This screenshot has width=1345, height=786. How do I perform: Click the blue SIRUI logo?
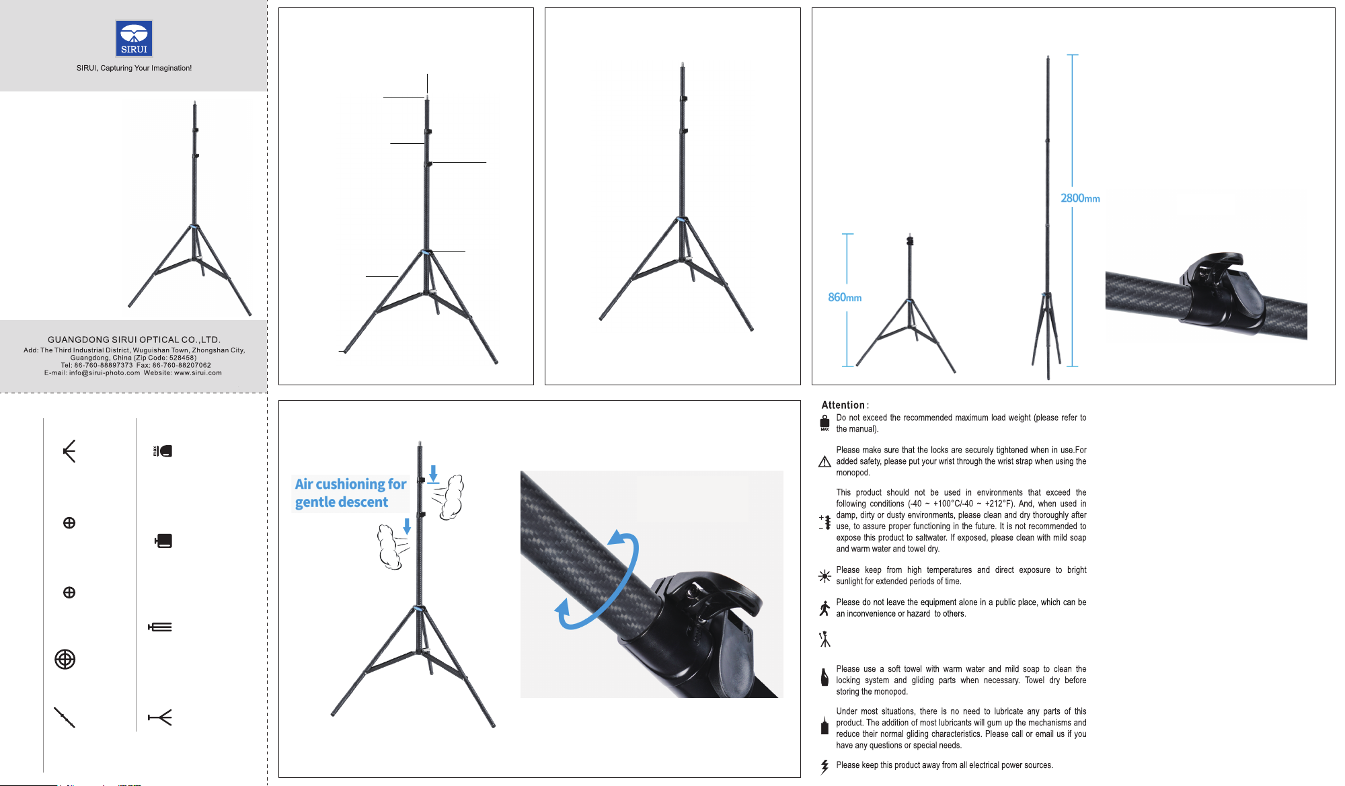(134, 38)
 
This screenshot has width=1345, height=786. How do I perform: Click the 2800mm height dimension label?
(1080, 198)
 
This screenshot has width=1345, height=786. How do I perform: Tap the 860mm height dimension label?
(845, 297)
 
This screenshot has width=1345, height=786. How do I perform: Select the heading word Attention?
(843, 405)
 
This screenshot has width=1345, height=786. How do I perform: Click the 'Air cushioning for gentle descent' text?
(350, 493)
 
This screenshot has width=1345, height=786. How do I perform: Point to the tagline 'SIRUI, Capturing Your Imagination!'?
(134, 68)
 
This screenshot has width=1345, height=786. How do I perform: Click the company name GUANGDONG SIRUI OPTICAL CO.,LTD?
(134, 340)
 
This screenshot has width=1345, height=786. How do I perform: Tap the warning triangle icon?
(824, 461)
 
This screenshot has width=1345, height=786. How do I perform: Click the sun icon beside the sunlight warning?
(824, 576)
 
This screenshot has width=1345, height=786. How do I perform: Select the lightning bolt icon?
(824, 767)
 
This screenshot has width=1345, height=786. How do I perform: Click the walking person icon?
(824, 608)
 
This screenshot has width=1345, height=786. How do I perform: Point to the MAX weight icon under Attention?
(824, 423)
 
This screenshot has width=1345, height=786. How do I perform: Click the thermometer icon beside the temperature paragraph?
(825, 522)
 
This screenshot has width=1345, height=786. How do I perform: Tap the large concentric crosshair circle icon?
(65, 660)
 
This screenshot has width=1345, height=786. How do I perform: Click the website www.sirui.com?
(198, 372)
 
